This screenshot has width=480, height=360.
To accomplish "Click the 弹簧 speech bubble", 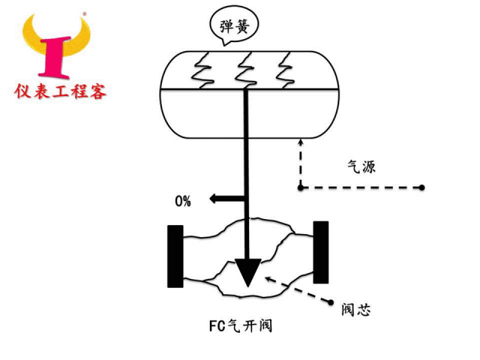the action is tap(234, 26).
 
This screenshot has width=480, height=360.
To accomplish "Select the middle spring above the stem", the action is tap(246, 70).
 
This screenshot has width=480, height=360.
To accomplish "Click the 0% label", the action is tap(183, 201).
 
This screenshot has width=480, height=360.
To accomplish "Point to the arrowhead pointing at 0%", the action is tap(213, 199).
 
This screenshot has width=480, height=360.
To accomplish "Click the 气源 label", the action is tap(361, 166).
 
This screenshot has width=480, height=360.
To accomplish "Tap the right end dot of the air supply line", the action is tap(421, 187).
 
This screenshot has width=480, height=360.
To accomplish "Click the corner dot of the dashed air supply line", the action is tap(301, 187).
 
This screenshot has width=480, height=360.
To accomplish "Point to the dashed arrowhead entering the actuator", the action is tap(301, 142).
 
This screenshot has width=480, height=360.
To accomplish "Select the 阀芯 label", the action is tap(356, 310).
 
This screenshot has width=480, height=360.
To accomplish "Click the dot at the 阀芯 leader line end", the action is tap(331, 302).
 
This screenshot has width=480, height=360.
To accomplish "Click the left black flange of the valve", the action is tap(175, 256).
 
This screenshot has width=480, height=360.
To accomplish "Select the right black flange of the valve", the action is tap(321, 252).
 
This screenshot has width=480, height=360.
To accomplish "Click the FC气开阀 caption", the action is tap(241, 325).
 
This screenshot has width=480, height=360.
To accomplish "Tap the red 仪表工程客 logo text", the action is tap(60, 91).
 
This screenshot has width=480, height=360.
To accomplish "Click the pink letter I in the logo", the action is tap(55, 57).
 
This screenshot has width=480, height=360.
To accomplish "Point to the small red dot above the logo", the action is tap(85, 13).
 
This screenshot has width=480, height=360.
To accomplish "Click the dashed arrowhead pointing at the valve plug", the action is tap(268, 279).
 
